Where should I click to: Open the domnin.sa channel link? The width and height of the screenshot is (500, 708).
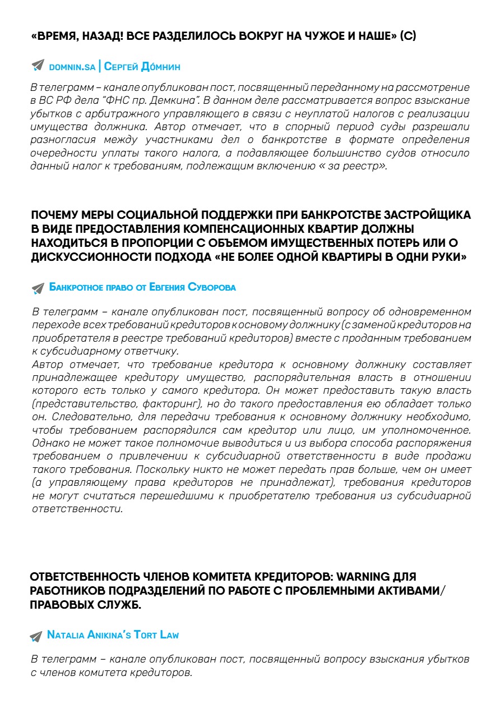(72, 67)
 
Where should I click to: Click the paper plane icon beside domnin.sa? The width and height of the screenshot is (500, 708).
(38, 66)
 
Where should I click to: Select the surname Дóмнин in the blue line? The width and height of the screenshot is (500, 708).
(160, 66)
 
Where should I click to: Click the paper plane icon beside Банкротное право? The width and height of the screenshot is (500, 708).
(38, 288)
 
